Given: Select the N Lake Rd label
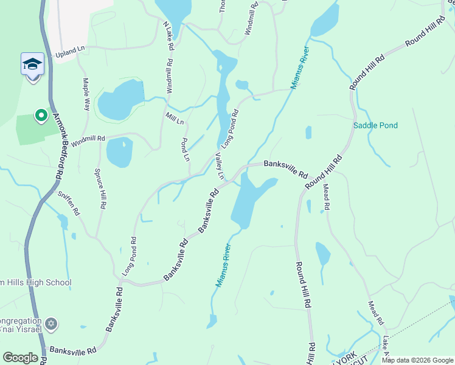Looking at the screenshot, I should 168,36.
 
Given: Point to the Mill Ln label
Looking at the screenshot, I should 175,117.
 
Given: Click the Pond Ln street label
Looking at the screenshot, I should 186,148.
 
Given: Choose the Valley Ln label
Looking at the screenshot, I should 220,166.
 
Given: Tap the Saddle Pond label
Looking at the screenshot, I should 375,126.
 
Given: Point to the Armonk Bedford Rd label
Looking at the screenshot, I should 60,146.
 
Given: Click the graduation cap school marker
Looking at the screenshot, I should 33,64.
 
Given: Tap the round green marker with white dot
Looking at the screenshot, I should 41,114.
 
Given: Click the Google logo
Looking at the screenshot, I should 20,358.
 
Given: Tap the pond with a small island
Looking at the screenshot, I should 119,151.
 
